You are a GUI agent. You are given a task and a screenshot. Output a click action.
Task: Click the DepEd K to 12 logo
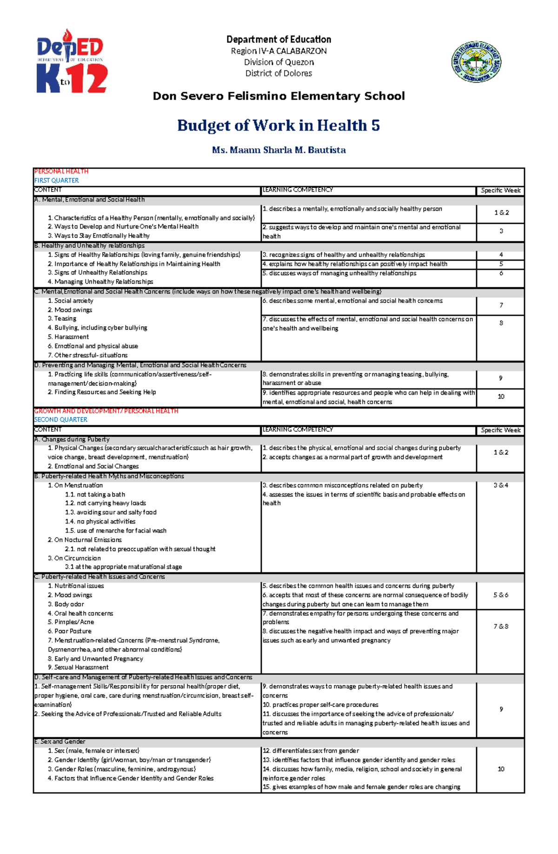point(72,61)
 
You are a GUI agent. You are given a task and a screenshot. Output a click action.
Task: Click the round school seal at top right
point(476,61)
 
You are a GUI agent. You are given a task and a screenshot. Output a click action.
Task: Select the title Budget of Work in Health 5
point(279,125)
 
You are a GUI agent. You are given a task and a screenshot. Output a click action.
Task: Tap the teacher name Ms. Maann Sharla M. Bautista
point(279,150)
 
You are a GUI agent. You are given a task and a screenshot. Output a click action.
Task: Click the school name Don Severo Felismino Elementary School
point(279,96)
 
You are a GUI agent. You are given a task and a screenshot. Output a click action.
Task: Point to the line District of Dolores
point(279,73)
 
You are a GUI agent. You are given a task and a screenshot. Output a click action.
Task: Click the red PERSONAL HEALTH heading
point(61,171)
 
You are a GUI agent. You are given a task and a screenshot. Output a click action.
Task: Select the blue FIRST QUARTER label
point(56,180)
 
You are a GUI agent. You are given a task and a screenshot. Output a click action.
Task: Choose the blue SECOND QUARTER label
point(60,419)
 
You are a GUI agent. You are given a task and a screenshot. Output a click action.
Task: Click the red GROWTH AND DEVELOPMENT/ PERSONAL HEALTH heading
point(106,411)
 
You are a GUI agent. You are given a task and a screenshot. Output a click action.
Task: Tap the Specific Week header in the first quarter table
point(501,190)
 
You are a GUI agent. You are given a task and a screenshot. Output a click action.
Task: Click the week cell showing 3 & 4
point(501,485)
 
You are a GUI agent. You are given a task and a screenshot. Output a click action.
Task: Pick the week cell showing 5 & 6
point(501,595)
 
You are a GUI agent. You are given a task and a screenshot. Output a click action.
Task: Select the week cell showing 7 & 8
point(501,626)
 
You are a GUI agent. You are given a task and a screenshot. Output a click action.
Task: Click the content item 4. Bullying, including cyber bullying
point(97,328)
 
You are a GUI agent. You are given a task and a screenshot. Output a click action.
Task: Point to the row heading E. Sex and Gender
point(60,741)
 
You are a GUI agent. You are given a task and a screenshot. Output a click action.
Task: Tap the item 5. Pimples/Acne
point(71,622)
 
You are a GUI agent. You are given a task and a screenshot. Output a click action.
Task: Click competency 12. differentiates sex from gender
point(311,751)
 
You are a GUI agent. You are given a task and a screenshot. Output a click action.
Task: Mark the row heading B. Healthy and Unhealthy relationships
point(89,245)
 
